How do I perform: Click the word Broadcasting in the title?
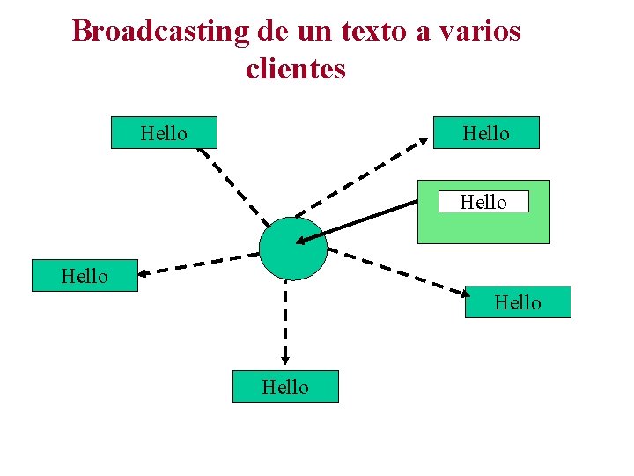[161, 32]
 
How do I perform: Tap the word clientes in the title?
[296, 69]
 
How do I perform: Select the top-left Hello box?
[164, 133]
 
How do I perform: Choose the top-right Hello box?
[486, 133]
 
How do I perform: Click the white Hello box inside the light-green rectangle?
[483, 202]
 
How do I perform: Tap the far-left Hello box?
[85, 276]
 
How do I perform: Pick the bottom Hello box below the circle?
[285, 387]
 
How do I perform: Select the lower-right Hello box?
[518, 302]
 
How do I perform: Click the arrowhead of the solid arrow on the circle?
[301, 241]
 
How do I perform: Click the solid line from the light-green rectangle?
[361, 220]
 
